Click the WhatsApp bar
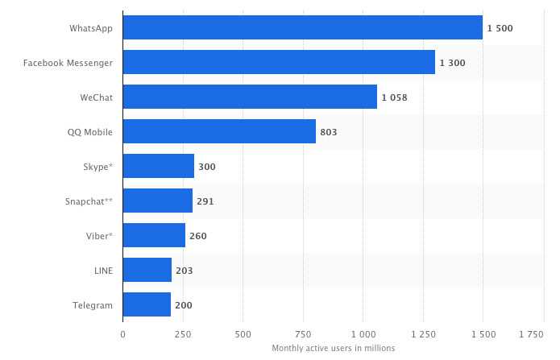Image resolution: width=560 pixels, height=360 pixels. coord(303,27)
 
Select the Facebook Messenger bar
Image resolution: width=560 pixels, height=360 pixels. coord(279,62)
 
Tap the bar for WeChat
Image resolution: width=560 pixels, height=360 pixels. coord(250,97)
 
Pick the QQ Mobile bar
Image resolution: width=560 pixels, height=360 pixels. coord(219,131)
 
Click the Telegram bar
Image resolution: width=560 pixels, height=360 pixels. coord(147,305)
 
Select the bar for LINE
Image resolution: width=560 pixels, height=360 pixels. coord(147,271)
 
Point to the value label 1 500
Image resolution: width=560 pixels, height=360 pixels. coord(500,28)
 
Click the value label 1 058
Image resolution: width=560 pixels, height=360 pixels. coord(396,97)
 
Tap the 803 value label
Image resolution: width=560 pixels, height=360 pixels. coord(328,132)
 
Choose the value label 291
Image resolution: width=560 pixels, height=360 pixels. coord(205,201)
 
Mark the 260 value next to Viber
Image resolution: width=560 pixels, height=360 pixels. coord(198,236)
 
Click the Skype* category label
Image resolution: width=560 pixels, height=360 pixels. coord(97,167)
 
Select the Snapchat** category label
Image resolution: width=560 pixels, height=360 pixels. coord(89,201)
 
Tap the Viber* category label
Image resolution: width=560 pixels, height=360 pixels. coord(98,236)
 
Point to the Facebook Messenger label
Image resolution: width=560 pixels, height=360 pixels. coord(68,63)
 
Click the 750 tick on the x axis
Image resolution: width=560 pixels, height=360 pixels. coord(303,333)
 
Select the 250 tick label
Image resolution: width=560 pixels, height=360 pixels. coord(183,333)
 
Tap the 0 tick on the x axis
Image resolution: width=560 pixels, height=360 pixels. coord(123,333)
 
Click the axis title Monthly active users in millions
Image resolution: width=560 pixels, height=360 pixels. coord(334,348)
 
